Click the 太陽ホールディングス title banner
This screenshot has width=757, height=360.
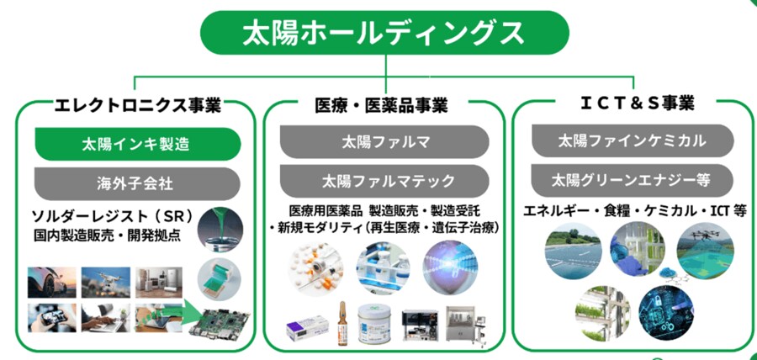click(384, 33)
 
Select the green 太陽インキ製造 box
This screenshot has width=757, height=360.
click(138, 144)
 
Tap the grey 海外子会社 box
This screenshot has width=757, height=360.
click(138, 183)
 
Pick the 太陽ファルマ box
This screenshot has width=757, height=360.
click(384, 142)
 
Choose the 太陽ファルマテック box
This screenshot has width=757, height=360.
click(384, 181)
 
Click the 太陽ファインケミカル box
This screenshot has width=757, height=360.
click(633, 141)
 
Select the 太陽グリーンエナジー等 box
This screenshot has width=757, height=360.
click(633, 181)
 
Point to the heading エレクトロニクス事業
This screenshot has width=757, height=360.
click(138, 105)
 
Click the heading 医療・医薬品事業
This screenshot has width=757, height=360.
click(381, 105)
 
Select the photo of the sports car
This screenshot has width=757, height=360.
click(51, 283)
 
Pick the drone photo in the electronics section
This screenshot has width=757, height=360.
click(105, 283)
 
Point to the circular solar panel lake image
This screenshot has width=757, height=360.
click(573, 251)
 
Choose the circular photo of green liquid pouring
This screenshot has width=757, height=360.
click(220, 230)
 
